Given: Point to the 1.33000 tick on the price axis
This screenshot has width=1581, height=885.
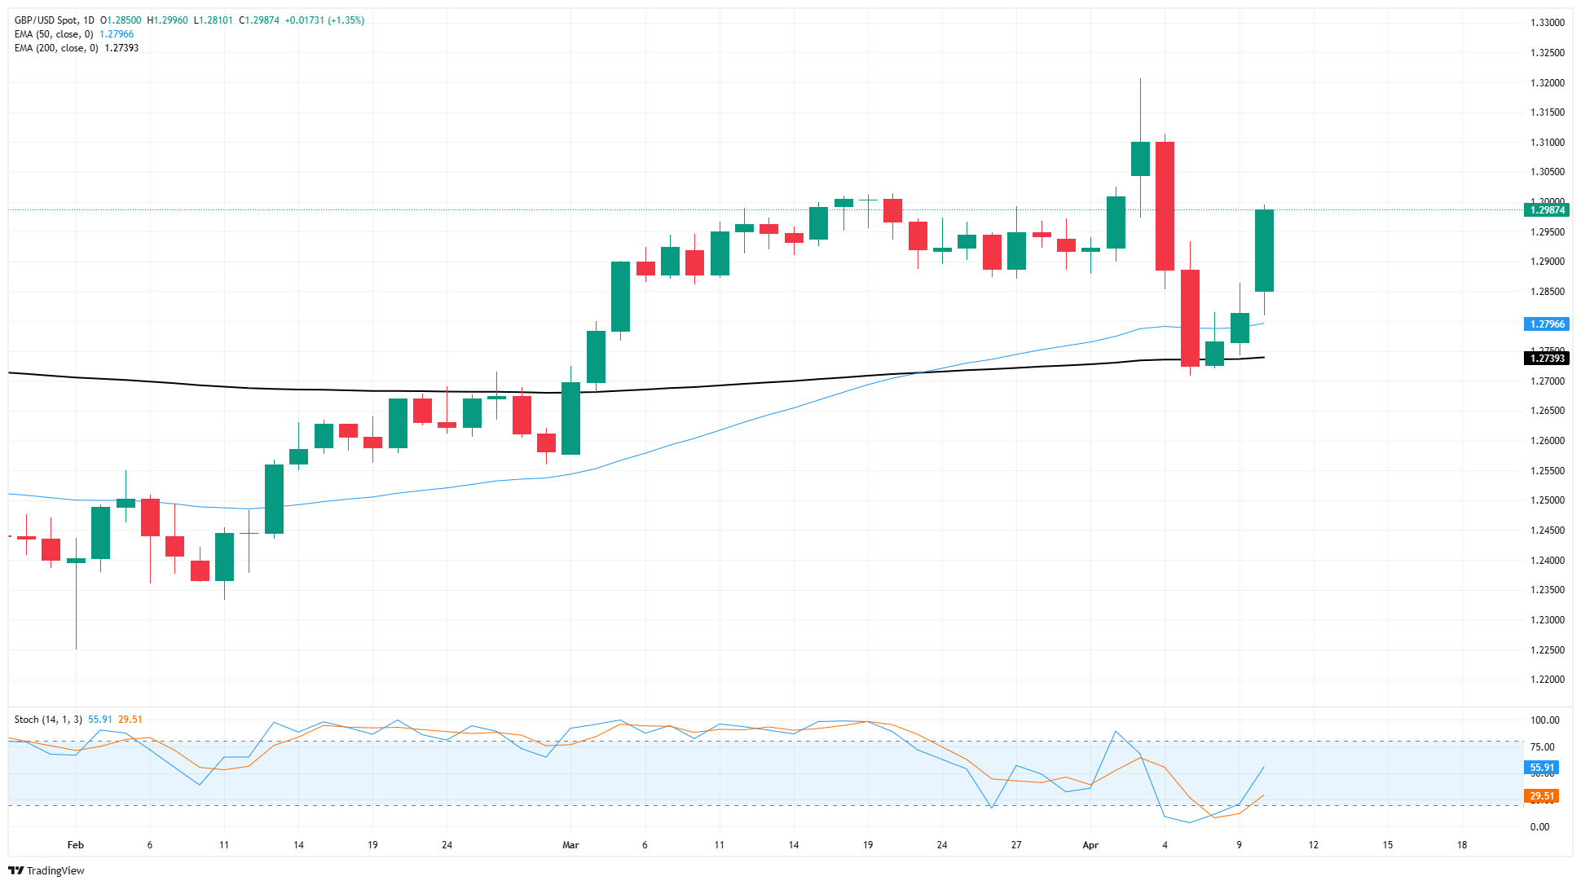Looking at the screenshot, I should [1547, 23].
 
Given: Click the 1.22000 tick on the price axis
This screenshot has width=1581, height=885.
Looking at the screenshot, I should [1547, 680].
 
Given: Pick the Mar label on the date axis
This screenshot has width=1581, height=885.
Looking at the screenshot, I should [570, 845].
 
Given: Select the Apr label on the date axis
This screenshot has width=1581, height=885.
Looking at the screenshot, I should [1090, 845].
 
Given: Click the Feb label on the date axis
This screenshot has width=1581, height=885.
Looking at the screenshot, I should [76, 845].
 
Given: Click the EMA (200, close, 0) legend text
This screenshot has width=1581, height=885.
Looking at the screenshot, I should [56, 48].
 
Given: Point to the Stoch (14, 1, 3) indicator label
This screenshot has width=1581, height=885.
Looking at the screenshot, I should [48, 720].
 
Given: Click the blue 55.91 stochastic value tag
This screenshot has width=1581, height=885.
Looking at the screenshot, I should [1542, 768].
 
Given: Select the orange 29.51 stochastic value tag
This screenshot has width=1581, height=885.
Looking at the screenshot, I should [1542, 796].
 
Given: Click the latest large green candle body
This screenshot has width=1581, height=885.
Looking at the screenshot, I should [1264, 250].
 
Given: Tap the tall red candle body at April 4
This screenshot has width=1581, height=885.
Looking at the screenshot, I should [1165, 205].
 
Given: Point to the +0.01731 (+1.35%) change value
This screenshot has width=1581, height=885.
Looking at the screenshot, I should [324, 20].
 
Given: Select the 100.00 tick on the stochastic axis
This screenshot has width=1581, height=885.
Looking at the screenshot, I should [1544, 720].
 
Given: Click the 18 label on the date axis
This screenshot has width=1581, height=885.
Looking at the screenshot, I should [1462, 845].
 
